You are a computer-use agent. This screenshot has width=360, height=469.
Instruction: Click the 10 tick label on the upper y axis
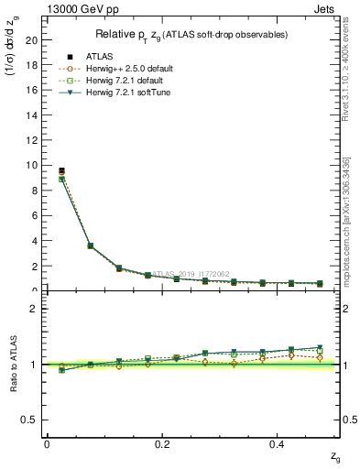click(x=32, y=166)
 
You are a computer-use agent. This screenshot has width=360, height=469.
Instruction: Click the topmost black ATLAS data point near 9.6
click(x=61, y=170)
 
